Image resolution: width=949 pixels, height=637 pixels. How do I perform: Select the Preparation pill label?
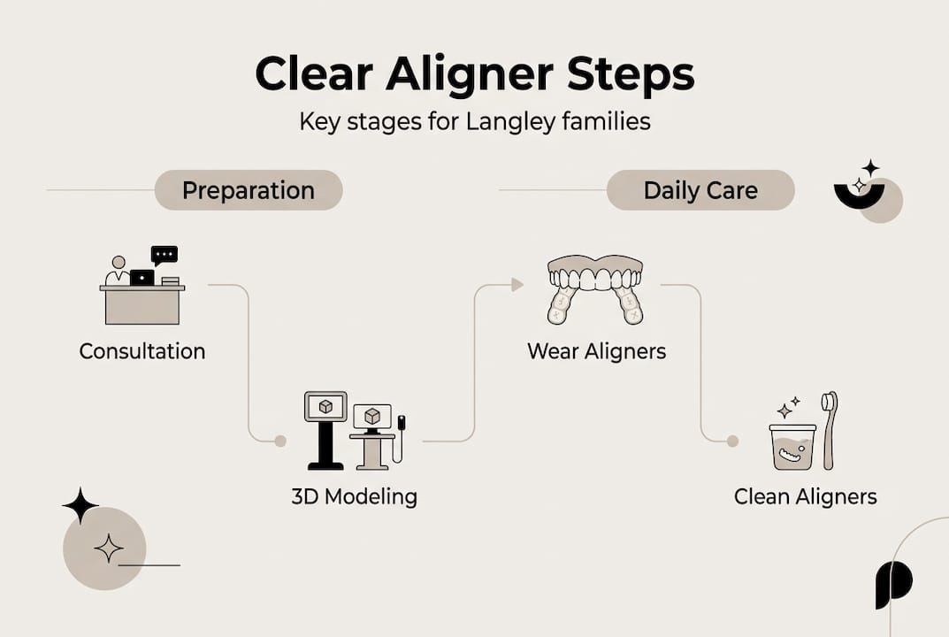(x=248, y=190)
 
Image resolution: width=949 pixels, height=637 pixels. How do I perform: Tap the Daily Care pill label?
(x=700, y=190)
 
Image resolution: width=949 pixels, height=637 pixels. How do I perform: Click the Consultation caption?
(x=142, y=351)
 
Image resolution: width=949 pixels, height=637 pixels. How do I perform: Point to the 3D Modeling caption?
(x=354, y=496)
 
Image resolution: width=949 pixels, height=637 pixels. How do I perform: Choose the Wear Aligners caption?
(x=596, y=351)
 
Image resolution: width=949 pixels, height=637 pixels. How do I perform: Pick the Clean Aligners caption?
(x=805, y=496)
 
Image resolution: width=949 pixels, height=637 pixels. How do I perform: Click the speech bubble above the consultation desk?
(x=164, y=255)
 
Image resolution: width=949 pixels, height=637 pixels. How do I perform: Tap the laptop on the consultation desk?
(x=142, y=277)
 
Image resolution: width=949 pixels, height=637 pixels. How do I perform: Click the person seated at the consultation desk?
(x=118, y=272)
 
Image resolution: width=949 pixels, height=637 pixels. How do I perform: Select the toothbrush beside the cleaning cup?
(x=829, y=429)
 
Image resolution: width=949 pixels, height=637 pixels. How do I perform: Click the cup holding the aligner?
(x=792, y=447)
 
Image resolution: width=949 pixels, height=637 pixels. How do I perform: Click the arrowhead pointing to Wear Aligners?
(x=517, y=284)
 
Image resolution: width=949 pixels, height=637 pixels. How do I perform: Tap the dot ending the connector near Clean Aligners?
(x=732, y=441)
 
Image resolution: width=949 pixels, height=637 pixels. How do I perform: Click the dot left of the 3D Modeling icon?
(x=280, y=441)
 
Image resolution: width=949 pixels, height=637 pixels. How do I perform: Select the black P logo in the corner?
(x=893, y=584)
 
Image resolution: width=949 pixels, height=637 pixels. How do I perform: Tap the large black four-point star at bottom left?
(x=80, y=505)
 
